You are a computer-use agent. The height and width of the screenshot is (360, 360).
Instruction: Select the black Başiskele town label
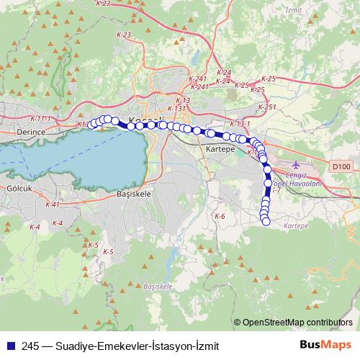pyautogui.click(x=132, y=194)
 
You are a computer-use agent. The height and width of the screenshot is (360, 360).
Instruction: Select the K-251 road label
pyautogui.click(x=266, y=107)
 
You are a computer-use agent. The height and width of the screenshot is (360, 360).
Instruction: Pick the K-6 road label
pyautogui.click(x=220, y=216)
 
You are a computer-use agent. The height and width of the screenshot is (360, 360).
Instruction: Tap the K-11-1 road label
pyautogui.click(x=42, y=117)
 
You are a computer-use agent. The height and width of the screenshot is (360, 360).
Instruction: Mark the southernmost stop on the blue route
pyautogui.click(x=266, y=222)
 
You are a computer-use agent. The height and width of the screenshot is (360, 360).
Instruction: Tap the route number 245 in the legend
pyautogui.click(x=30, y=346)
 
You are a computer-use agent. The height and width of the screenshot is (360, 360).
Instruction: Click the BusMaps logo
pyautogui.click(x=326, y=345)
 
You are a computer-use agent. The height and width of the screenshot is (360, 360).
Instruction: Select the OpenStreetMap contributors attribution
pyautogui.click(x=296, y=323)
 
